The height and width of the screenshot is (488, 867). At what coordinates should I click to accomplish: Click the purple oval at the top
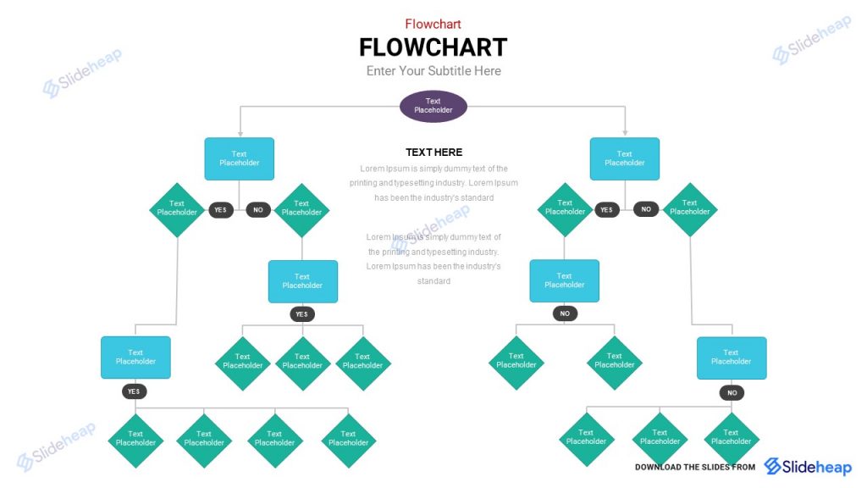click(433, 106)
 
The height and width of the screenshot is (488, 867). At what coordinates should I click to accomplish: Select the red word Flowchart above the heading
click(433, 24)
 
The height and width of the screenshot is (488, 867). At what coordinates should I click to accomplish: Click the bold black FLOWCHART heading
click(433, 47)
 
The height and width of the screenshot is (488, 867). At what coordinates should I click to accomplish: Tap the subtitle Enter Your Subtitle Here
click(433, 71)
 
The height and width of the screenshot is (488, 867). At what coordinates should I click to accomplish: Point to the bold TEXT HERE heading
click(433, 152)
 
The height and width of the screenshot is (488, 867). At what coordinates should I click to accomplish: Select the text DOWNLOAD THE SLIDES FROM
click(694, 467)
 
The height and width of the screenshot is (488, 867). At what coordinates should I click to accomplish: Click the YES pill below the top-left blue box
click(221, 209)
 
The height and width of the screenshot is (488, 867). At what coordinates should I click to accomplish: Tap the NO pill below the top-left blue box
click(258, 209)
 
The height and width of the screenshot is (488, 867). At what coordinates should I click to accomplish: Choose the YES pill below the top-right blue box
click(606, 209)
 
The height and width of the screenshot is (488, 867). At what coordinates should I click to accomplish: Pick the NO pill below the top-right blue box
click(646, 209)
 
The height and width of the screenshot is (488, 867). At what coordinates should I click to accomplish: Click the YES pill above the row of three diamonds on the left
click(302, 314)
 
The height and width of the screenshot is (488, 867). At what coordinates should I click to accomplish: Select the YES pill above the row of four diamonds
click(134, 391)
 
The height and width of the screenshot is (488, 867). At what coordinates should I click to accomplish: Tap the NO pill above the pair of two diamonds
click(565, 313)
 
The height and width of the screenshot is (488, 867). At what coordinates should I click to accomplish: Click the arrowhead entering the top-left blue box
click(240, 133)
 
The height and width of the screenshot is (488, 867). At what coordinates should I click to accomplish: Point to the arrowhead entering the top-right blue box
click(625, 133)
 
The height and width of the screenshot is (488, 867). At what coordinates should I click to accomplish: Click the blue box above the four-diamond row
click(135, 357)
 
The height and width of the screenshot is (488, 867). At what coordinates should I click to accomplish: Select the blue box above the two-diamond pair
click(565, 280)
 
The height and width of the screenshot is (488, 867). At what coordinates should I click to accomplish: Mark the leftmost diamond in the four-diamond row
click(135, 438)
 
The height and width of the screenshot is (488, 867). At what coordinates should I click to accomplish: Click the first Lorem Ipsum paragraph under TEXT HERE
click(433, 183)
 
